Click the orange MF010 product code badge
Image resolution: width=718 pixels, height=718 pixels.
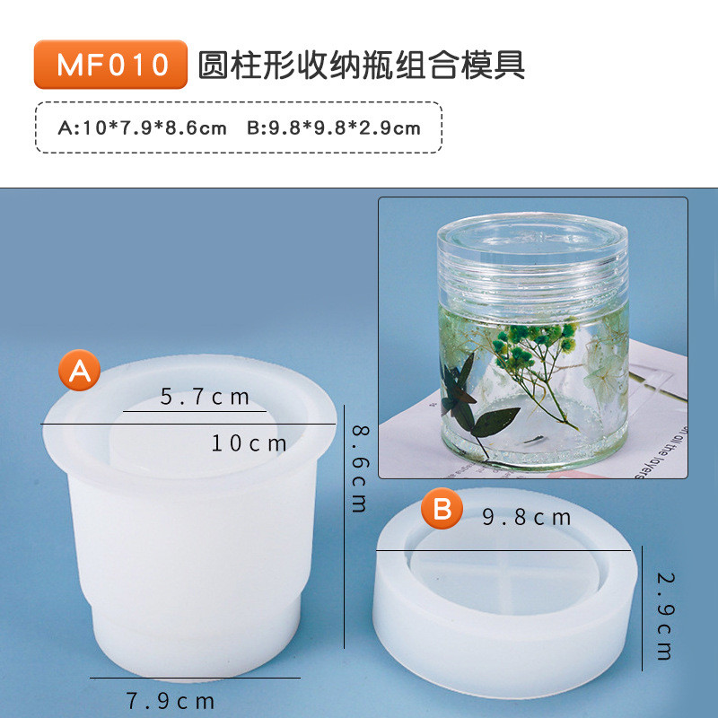point(110,64)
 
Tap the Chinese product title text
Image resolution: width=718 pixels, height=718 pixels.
point(362,65)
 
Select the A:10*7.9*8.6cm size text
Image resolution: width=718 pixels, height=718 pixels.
point(143,127)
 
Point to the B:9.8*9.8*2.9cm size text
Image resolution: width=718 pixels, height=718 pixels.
point(334,127)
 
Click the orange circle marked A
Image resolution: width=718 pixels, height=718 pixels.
point(80,370)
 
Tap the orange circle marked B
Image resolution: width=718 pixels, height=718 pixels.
point(442,508)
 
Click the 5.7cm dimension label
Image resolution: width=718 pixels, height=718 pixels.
point(205,397)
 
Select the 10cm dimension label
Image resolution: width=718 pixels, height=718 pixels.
point(249,442)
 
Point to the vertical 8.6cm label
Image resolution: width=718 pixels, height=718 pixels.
point(360,468)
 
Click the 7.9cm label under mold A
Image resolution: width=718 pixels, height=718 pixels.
point(171,701)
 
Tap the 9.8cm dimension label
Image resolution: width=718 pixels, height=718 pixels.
point(527,517)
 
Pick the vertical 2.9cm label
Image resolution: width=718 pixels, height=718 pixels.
point(664,616)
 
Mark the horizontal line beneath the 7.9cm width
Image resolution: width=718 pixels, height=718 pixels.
point(195,678)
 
